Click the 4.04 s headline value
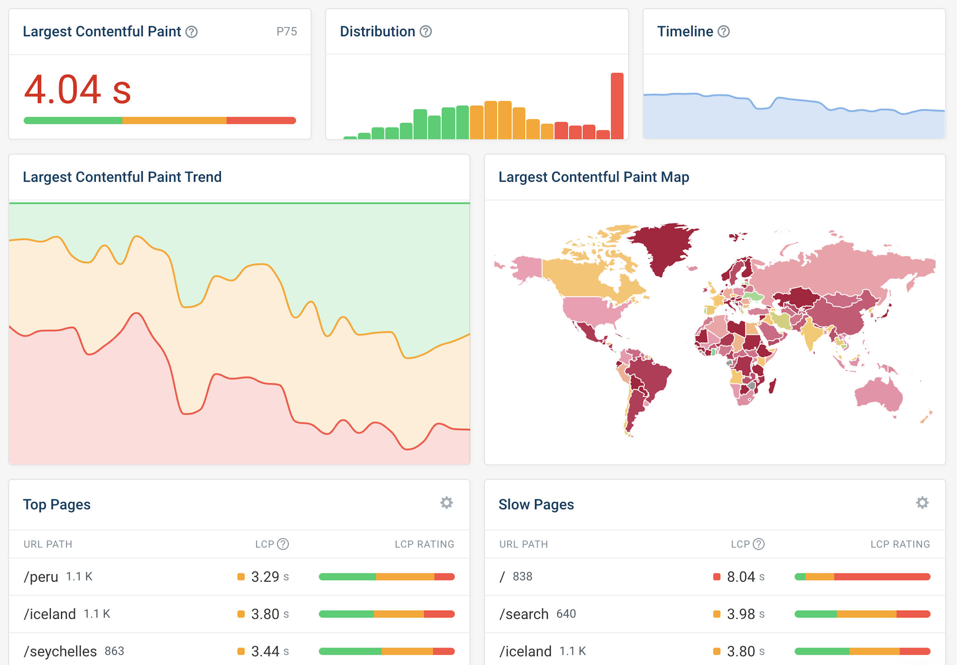(78, 89)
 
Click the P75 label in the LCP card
(287, 32)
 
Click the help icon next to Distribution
(425, 32)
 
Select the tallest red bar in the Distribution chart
(617, 106)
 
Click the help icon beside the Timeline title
(724, 32)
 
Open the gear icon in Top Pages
(446, 503)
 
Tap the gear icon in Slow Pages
(922, 503)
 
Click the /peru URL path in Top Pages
(41, 577)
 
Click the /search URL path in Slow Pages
(524, 614)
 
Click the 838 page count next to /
(522, 577)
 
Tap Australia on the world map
(879, 394)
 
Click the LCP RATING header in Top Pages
(424, 544)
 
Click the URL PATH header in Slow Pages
(523, 544)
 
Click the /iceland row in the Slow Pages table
(526, 651)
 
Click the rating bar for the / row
(862, 577)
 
